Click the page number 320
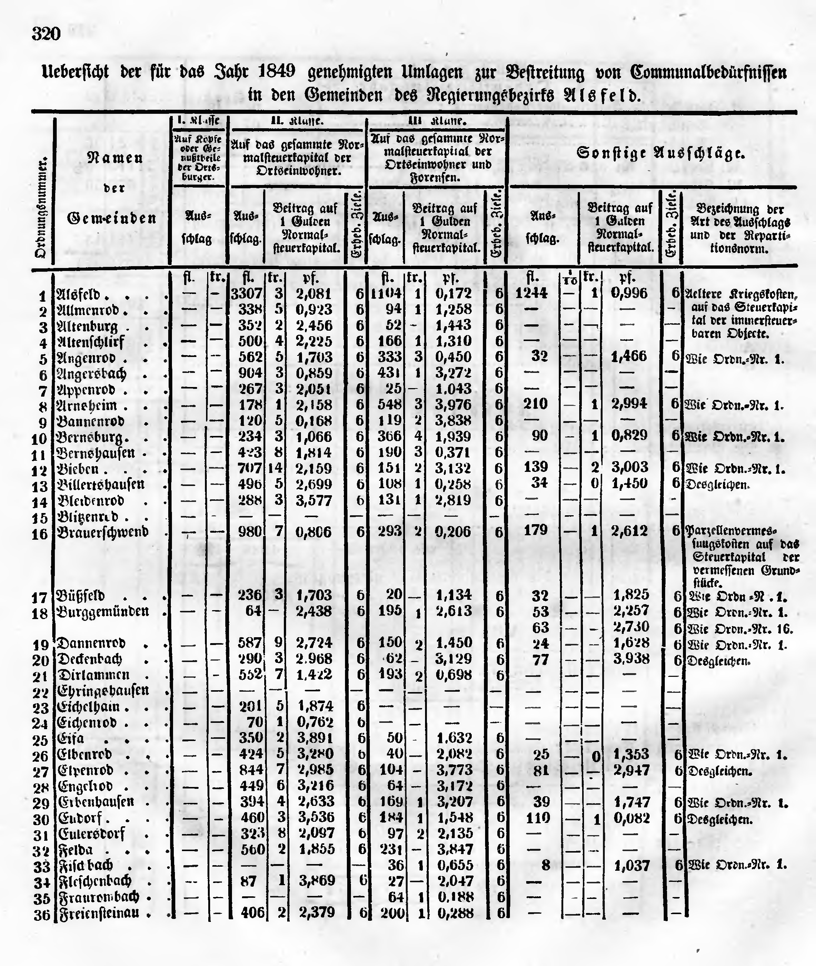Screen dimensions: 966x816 pyautogui.click(x=46, y=34)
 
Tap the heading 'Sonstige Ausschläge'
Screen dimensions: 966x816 pyautogui.click(x=661, y=153)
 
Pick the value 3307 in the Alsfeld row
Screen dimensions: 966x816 pyautogui.click(x=246, y=293)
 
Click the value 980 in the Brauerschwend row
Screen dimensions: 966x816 pyautogui.click(x=250, y=532)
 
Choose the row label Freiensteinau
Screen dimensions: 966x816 pyautogui.click(x=99, y=913)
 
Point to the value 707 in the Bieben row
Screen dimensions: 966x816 pyautogui.click(x=250, y=468)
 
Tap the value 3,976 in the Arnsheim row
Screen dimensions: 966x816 pyautogui.click(x=453, y=405)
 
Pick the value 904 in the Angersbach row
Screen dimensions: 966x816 pyautogui.click(x=250, y=373)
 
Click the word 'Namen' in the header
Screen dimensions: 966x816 pyautogui.click(x=115, y=158)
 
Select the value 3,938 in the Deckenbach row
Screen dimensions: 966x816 pyautogui.click(x=631, y=659)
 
